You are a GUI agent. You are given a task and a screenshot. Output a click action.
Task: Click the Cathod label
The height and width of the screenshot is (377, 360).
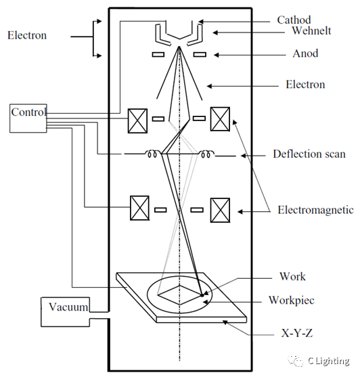(x=294, y=20)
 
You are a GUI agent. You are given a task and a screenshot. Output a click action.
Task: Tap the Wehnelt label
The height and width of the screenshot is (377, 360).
(x=311, y=30)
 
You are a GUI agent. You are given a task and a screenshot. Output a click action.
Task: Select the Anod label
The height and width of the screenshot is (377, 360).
(x=305, y=53)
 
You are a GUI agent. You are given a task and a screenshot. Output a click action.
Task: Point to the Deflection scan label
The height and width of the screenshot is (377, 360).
(x=309, y=154)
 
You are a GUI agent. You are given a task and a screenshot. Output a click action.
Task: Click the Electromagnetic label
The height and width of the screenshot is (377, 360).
(x=316, y=210)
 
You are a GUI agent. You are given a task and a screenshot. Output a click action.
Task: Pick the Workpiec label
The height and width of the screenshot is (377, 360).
(x=292, y=301)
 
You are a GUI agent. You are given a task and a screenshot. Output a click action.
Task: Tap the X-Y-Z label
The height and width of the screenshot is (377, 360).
(x=297, y=333)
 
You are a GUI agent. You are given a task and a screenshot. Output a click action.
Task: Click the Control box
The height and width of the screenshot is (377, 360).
(x=28, y=118)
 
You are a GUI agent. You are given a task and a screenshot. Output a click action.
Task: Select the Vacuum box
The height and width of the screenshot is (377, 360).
(x=66, y=312)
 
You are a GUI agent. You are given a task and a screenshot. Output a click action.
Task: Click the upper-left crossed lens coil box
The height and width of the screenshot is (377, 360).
(x=137, y=120)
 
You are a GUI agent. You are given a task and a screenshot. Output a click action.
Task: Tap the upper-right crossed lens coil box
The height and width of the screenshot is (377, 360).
(x=220, y=119)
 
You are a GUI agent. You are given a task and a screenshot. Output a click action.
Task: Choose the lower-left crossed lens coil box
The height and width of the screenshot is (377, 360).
(x=139, y=208)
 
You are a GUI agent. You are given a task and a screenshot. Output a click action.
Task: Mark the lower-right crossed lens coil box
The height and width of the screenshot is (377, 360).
(x=220, y=210)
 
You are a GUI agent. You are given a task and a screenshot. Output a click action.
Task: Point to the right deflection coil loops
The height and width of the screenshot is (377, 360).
(x=206, y=154)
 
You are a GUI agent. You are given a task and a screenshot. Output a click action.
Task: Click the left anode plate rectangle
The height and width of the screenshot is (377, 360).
(x=158, y=55)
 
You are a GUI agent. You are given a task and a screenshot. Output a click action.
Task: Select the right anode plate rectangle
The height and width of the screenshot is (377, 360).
(x=200, y=55)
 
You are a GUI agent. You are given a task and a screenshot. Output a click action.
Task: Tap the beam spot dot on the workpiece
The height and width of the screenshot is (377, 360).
(x=202, y=295)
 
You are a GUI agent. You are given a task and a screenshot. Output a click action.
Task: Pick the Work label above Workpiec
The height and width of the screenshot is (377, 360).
(x=292, y=277)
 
